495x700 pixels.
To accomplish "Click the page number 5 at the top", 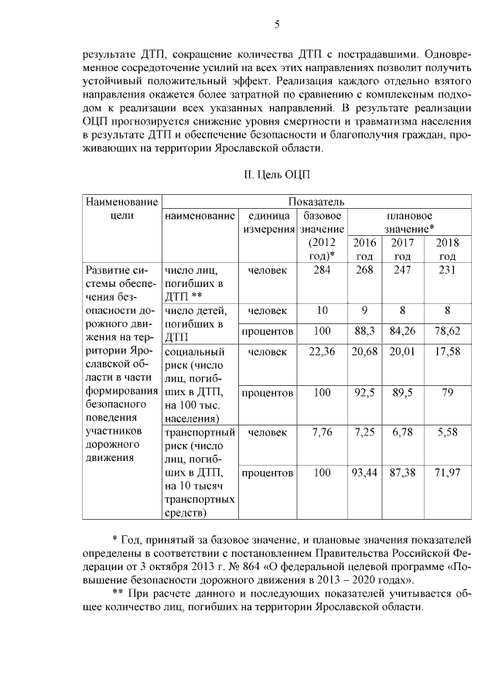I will click(x=276, y=25).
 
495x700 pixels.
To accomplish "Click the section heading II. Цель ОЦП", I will click(x=276, y=175).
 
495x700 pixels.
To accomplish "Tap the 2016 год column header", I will click(x=364, y=249).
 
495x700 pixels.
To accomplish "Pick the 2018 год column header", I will click(x=447, y=249).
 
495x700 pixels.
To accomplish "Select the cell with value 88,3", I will click(x=364, y=331).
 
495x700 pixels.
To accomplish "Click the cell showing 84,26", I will click(x=402, y=331).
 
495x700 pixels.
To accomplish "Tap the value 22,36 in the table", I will click(x=323, y=352).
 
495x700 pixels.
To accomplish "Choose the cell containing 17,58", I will click(x=447, y=352).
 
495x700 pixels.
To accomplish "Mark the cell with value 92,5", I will click(x=364, y=392).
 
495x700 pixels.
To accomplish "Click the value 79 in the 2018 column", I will click(x=447, y=392).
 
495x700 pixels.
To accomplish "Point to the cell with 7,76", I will click(x=323, y=432).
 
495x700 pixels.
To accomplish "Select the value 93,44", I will click(x=364, y=473).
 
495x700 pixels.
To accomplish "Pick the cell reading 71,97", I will click(x=447, y=473).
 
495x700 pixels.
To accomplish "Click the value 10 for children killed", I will click(x=323, y=310).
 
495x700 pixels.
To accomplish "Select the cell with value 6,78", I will click(x=402, y=432).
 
